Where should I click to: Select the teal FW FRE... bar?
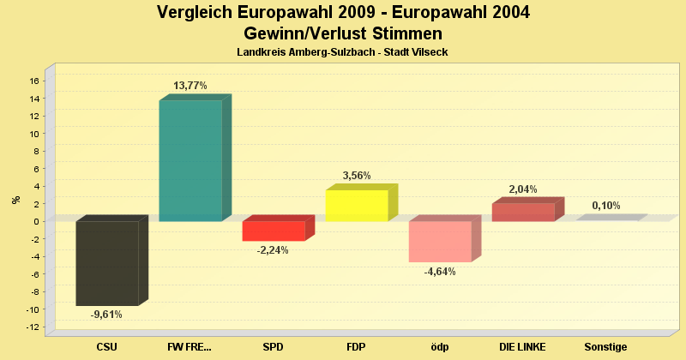click(190, 160)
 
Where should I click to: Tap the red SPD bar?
click(274, 231)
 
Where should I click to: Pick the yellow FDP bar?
click(357, 206)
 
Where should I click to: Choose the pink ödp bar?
click(440, 241)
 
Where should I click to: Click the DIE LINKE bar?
click(523, 212)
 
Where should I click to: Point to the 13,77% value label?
click(190, 86)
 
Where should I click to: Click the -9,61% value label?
click(106, 315)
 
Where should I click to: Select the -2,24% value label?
click(273, 250)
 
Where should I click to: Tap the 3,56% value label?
click(357, 176)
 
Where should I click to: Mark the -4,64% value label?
click(440, 272)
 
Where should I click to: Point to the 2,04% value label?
click(523, 189)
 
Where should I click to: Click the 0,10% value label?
click(606, 206)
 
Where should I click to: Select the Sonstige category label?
click(605, 346)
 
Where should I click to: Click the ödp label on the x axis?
click(440, 346)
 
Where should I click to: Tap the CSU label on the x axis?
click(107, 346)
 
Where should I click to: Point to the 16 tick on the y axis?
click(34, 81)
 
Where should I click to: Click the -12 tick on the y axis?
click(33, 327)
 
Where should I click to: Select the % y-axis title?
click(15, 200)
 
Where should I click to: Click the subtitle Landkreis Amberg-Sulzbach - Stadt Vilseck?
click(342, 52)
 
